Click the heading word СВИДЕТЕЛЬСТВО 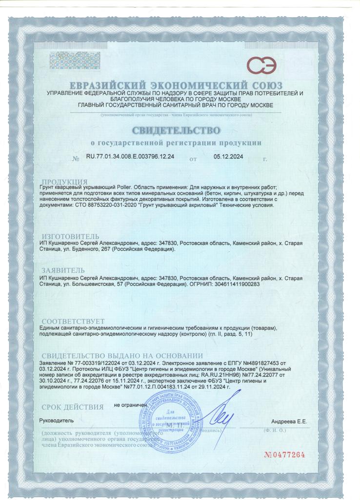click(x=176, y=130)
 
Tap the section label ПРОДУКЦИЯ click(x=65, y=182)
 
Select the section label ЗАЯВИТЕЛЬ click(x=63, y=270)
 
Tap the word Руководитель click(x=56, y=420)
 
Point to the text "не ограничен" click(x=130, y=405)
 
